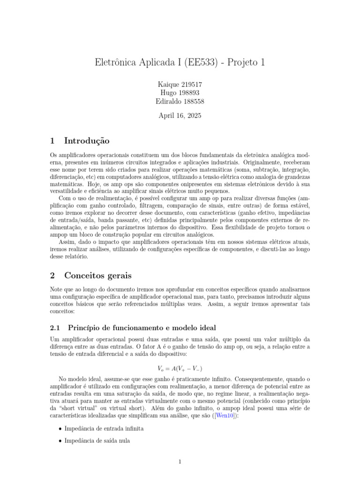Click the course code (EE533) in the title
(201, 62)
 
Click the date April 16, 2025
(180, 115)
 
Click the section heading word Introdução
(87, 140)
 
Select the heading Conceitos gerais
(98, 275)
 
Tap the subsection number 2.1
(55, 327)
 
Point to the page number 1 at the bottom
(180, 462)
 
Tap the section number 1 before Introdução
(52, 140)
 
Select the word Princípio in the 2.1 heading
(85, 327)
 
